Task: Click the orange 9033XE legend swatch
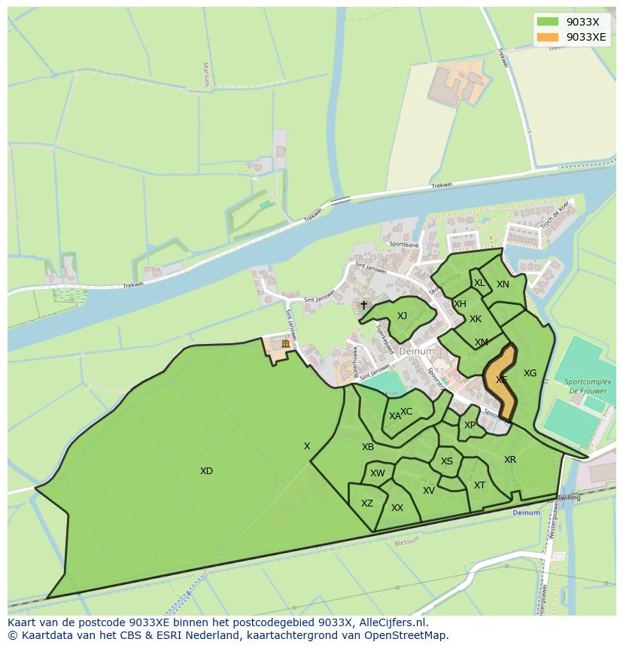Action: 548,37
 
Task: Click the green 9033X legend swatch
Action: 548,22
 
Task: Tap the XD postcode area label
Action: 206,471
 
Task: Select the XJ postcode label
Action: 402,316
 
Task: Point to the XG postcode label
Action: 530,373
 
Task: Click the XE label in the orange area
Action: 501,380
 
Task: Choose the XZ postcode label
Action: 366,503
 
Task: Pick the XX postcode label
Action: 397,508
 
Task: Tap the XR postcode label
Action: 510,460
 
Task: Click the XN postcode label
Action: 503,284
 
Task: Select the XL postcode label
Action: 479,283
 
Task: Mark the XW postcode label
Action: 377,473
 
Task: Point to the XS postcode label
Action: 447,461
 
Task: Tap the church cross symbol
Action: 363,305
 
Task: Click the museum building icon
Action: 285,344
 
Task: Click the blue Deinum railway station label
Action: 526,513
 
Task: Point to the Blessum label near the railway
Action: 406,540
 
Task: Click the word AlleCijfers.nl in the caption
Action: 391,622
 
